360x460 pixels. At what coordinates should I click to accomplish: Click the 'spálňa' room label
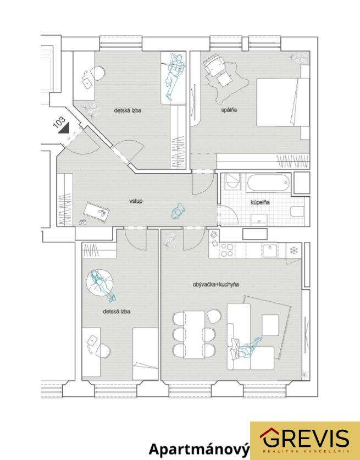coord(229,110)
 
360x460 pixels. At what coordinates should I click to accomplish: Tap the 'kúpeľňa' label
coord(260,202)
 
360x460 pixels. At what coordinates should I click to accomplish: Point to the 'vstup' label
coord(136,201)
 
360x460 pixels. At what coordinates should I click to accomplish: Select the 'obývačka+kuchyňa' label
coord(215,284)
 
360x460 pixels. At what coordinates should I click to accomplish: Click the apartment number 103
coord(59,122)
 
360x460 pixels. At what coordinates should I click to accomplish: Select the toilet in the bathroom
coord(297,211)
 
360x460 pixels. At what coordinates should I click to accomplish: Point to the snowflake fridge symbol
coord(293,250)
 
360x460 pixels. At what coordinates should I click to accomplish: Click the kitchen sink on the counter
coord(270,251)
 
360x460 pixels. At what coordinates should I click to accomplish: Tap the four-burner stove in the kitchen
coord(227,250)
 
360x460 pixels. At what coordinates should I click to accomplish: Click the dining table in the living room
coord(194,335)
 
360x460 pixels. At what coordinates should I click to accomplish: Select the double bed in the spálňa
coord(283,102)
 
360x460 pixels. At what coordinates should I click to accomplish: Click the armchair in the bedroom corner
coord(214,64)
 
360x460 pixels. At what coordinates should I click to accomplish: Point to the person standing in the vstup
coord(178,211)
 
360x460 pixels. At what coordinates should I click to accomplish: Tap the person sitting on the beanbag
coord(102,284)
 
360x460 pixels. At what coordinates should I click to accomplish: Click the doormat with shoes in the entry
coord(97,212)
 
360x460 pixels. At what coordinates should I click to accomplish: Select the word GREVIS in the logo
coord(304,438)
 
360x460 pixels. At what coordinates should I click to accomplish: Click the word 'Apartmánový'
coord(199,450)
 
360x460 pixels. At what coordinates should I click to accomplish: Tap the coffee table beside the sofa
coord(270,325)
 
